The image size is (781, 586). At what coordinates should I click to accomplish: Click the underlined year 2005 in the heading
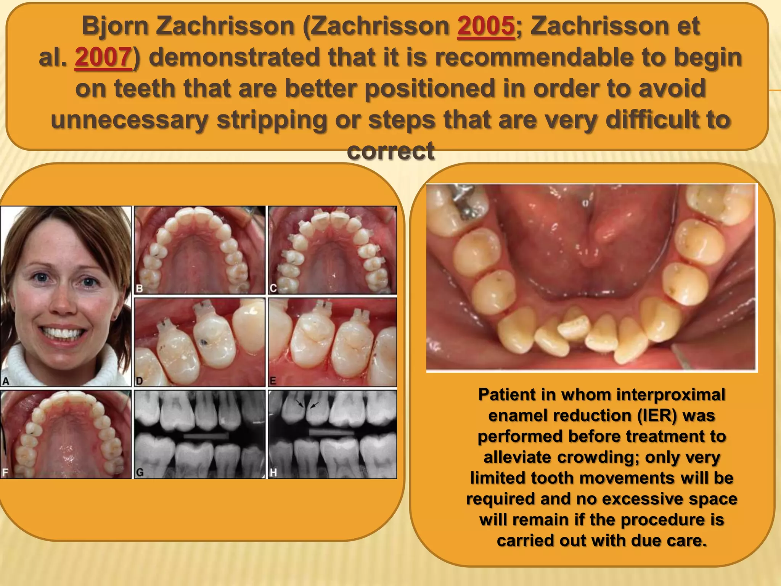(486, 26)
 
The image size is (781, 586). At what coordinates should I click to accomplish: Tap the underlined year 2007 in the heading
(103, 58)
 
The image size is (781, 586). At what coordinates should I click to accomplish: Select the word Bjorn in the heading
(115, 26)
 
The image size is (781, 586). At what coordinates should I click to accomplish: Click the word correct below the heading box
(390, 151)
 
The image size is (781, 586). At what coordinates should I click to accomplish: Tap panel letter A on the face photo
(6, 380)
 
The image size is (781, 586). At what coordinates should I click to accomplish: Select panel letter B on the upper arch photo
(140, 288)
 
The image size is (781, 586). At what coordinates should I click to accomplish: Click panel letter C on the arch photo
(273, 288)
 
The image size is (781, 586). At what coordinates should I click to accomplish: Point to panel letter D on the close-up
(139, 381)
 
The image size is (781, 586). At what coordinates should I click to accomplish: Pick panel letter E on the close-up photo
(273, 381)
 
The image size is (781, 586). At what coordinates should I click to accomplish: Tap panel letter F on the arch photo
(5, 473)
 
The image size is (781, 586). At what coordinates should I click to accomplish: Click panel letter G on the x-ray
(140, 473)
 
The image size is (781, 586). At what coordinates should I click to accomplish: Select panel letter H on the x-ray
(273, 473)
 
